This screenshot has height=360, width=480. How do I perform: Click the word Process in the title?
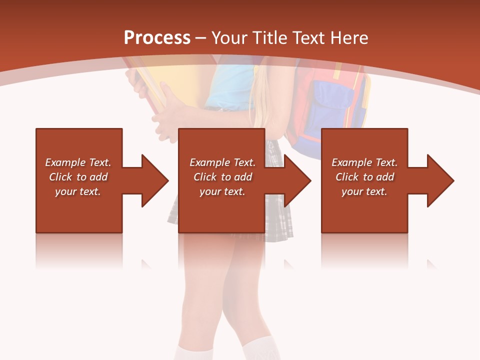click(157, 38)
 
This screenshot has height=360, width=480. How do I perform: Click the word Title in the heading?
click(271, 38)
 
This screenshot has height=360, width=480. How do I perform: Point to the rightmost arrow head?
click(438, 180)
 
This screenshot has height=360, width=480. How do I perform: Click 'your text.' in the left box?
click(78, 191)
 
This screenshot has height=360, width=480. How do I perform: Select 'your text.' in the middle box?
click(222, 191)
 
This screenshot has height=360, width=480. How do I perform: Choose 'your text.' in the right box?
click(364, 191)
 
